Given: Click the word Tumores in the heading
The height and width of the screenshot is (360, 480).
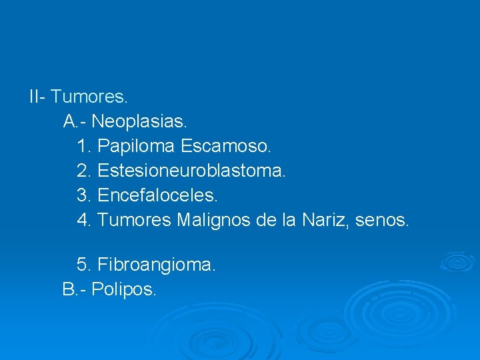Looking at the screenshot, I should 89,97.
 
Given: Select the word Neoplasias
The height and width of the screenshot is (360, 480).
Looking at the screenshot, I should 140,121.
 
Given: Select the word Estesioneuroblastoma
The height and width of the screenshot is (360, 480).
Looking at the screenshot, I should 191,171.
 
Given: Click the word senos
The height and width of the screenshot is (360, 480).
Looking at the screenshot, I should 382,220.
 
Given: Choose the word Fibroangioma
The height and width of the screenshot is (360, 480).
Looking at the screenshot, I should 157,265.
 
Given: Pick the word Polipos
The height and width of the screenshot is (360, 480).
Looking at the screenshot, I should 124,290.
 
